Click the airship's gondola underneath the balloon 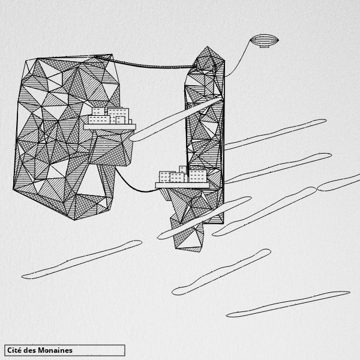pos(264,46)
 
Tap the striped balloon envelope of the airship pos(264,40)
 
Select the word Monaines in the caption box pos(55,350)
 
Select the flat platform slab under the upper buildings pos(110,127)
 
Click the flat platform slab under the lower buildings pos(182,185)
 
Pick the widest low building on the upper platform pos(99,120)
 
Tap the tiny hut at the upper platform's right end pos(130,122)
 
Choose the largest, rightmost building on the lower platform pos(197,176)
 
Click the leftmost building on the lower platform pos(165,177)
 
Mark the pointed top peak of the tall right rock pos(208,47)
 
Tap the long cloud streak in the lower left pos(82,259)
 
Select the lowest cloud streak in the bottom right pos(288,304)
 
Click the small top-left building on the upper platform pos(98,112)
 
